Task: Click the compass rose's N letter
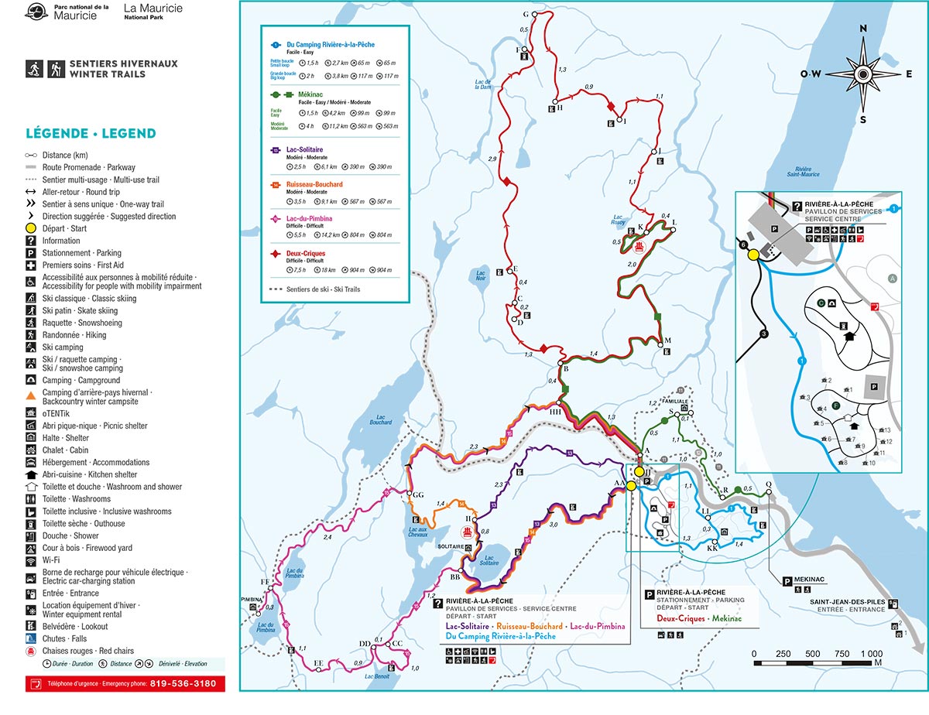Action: pos(864,29)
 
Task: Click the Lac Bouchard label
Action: pos(380,422)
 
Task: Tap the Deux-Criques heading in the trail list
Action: pos(305,253)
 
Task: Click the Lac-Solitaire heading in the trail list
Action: pos(304,149)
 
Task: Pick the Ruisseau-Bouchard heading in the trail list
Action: pos(314,184)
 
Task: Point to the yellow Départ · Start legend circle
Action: pos(31,228)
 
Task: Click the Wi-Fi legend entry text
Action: pos(52,560)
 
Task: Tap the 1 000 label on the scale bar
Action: pos(871,653)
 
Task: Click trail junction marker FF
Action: pos(265,582)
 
